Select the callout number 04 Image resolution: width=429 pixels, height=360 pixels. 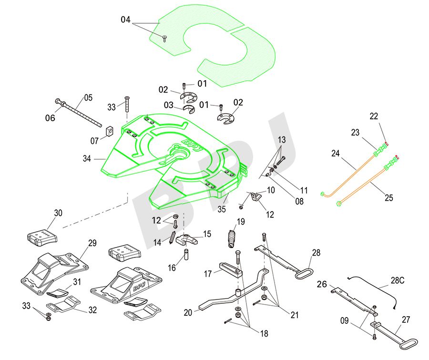[x=125, y=20]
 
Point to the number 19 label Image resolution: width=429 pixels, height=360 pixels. [x=241, y=221]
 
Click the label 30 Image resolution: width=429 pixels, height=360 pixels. [x=58, y=213]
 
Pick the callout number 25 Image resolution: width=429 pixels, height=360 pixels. [x=389, y=198]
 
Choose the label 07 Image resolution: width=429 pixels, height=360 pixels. [x=95, y=141]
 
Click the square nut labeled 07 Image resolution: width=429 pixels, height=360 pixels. [x=108, y=130]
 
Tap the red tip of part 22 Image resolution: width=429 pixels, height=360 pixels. [x=387, y=144]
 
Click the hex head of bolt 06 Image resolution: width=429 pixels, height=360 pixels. [x=59, y=102]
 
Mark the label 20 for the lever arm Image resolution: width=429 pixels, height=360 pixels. [x=188, y=313]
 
